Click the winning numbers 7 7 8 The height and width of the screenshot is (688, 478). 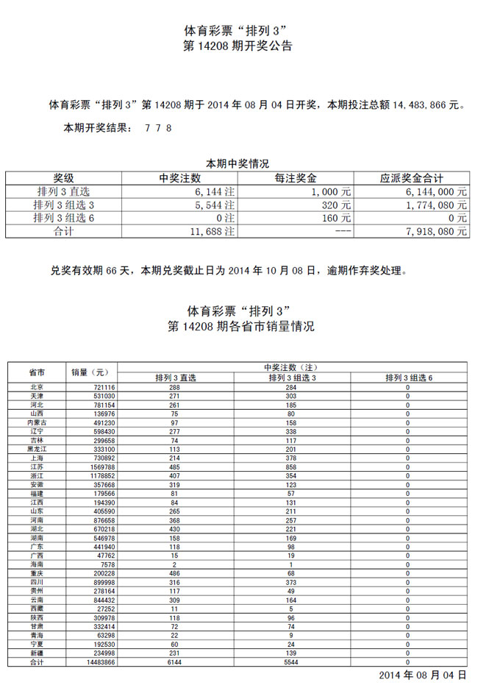tap(159, 128)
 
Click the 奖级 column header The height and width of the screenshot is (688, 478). tap(63, 178)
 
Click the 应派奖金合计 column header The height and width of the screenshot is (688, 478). tap(411, 178)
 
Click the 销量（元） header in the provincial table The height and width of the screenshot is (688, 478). tap(90, 372)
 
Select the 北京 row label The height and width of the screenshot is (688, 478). tap(37, 387)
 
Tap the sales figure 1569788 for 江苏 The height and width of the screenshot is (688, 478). tap(100, 467)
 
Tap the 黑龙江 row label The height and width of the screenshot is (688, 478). tap(37, 448)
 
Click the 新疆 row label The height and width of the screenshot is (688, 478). tap(37, 653)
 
